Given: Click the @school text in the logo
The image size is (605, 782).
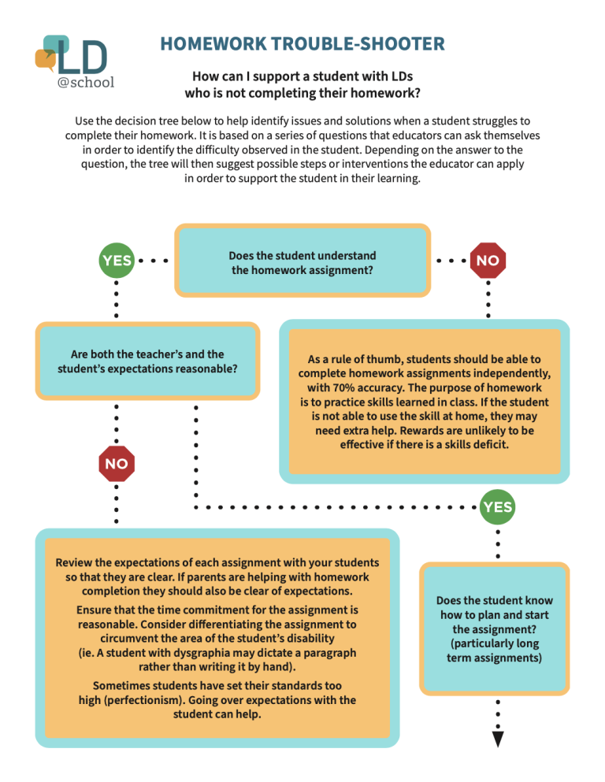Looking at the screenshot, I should (x=86, y=82).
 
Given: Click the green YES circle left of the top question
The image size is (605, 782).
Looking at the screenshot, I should (x=116, y=261).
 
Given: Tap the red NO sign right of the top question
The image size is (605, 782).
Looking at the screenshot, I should (x=488, y=261).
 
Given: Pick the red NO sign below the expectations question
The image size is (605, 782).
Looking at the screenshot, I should (x=116, y=464).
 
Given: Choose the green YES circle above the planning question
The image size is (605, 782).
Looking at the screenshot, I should (x=498, y=507).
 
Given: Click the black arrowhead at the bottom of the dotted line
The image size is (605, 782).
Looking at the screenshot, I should (x=498, y=739).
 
